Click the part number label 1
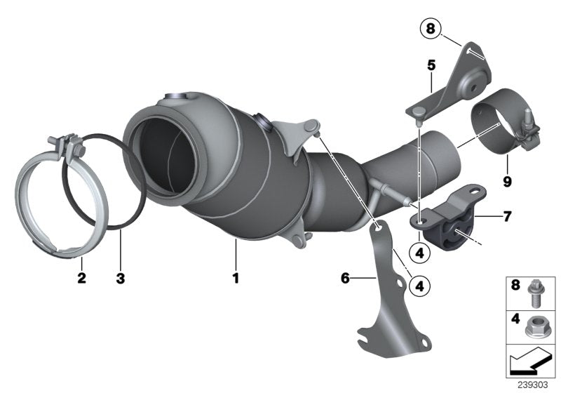coord(236,278)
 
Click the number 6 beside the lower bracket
coord(345,278)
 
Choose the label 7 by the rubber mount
coord(506,216)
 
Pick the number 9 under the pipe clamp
coord(506,181)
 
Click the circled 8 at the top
coord(430,29)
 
